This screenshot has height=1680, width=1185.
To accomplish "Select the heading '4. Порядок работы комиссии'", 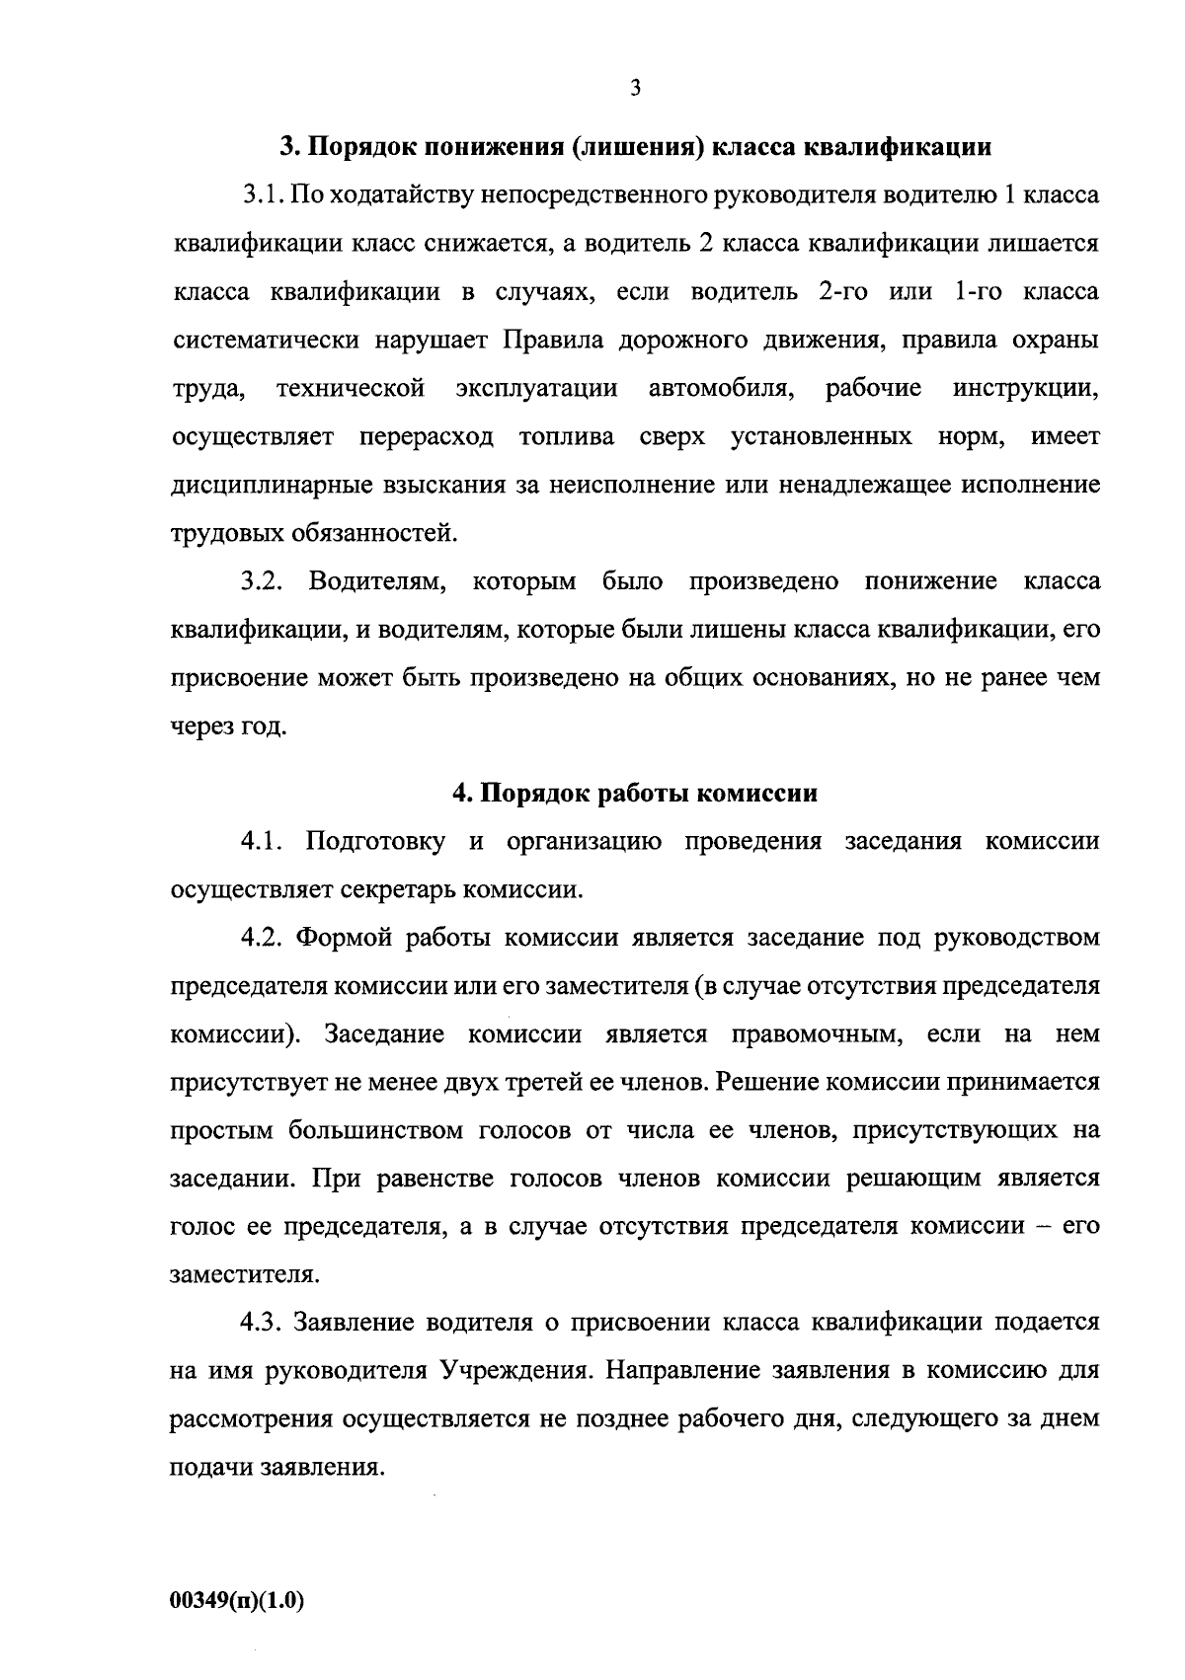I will tap(635, 794).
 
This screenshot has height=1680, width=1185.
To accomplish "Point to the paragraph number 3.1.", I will tap(263, 195).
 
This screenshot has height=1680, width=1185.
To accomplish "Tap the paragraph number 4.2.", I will tap(263, 938).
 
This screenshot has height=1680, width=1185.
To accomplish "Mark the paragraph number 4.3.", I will tap(263, 1323).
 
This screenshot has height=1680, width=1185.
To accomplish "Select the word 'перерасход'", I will tap(427, 437).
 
